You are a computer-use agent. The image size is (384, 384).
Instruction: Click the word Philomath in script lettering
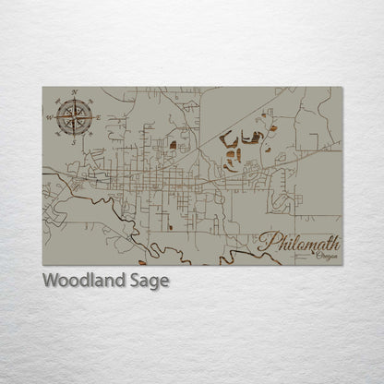299,244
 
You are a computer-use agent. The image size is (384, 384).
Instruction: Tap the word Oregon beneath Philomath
326,257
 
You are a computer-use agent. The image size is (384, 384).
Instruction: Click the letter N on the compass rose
74,92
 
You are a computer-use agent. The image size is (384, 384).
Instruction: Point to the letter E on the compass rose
98,117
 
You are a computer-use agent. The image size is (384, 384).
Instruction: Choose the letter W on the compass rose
49,117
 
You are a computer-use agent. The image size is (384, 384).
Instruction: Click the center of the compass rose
74,117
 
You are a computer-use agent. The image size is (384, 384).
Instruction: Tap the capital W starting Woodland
50,282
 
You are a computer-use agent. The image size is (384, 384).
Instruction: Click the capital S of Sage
135,282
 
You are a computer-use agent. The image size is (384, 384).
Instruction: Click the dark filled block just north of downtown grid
173,145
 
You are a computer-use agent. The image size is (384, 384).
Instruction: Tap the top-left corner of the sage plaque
42,88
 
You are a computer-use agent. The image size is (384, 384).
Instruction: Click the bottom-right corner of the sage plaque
342,265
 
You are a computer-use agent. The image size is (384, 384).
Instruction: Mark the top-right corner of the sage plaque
342,88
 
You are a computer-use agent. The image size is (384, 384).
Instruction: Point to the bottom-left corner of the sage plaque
42,265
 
